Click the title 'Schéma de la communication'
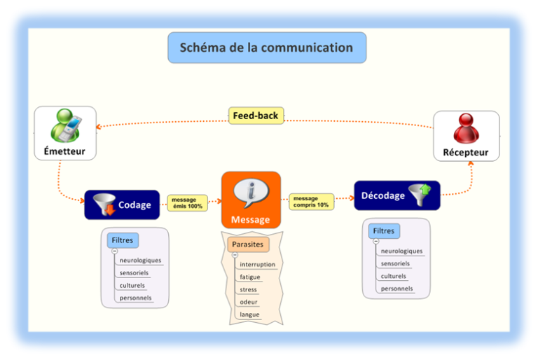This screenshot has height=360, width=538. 266,48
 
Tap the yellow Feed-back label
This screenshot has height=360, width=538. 256,116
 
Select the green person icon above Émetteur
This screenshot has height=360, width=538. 64,125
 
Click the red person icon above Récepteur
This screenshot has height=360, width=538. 466,128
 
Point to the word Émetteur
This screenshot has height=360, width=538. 64,151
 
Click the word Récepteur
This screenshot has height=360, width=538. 466,152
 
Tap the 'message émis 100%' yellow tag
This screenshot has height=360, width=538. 187,203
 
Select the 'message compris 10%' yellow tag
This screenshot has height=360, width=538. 311,202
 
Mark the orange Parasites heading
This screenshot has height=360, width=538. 249,244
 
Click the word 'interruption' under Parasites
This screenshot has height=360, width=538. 257,265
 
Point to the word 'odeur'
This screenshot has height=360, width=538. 249,302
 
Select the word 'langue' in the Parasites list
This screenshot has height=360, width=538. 249,314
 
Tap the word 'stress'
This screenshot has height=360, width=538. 248,289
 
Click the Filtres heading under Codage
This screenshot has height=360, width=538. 123,240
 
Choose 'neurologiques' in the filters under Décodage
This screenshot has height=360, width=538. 401,251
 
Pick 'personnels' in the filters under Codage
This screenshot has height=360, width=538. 135,298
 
